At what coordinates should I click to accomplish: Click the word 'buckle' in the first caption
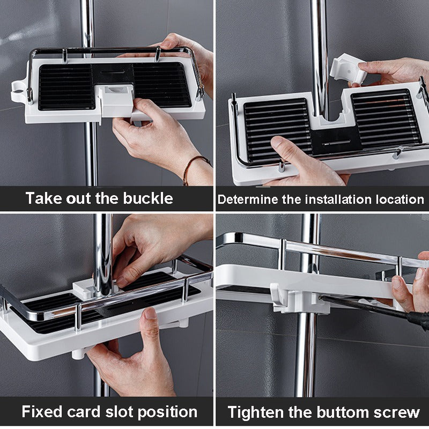148,198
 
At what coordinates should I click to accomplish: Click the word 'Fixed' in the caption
42,411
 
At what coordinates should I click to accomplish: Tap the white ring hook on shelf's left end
19,91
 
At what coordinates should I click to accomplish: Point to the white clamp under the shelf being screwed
300,299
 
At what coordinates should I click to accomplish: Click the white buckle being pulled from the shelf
116,101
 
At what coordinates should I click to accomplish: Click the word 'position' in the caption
167,412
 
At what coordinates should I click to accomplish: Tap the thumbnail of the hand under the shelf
151,313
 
